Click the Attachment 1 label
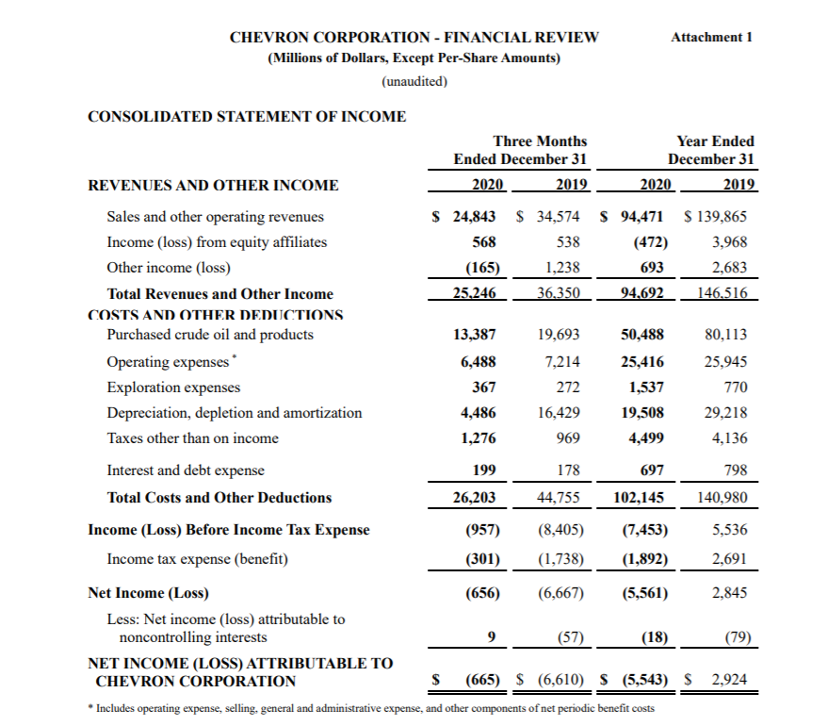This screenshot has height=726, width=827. click(712, 37)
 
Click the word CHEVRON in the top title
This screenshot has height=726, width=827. click(268, 37)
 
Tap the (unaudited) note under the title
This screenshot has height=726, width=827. click(414, 81)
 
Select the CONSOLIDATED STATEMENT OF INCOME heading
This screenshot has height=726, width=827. click(247, 117)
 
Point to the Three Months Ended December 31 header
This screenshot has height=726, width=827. click(521, 150)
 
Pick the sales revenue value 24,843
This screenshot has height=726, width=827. click(474, 216)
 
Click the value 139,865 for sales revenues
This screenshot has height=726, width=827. click(721, 216)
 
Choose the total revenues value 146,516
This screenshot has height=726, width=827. click(722, 293)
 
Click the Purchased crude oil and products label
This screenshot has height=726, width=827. click(210, 335)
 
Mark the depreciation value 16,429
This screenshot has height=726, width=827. click(558, 413)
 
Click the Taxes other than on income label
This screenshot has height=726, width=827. click(192, 437)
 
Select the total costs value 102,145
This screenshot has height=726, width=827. click(641, 497)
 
